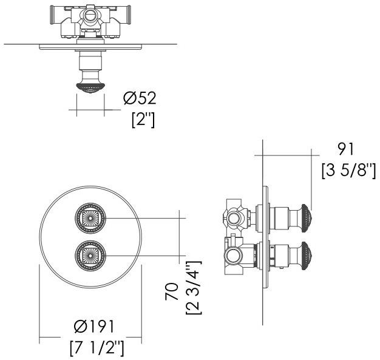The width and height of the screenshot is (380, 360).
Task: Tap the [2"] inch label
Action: pos(143,119)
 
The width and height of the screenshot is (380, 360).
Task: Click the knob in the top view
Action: pos(89,87)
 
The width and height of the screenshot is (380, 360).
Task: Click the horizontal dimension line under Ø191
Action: pos(91,339)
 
